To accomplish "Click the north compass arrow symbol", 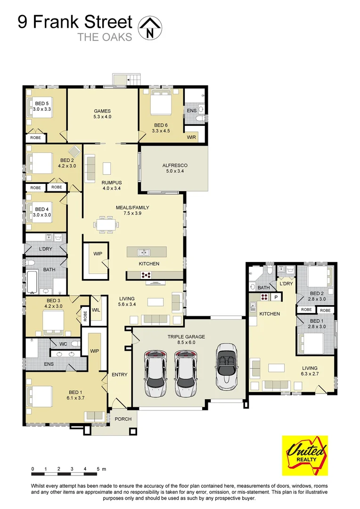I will [x=150, y=26].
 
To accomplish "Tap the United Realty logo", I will [x=304, y=455].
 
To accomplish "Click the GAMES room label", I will [x=103, y=114].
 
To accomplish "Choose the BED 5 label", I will [x=42, y=106].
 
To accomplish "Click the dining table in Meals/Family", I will [x=106, y=224].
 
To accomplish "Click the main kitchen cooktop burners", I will [x=146, y=275].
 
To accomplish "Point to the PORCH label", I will [x=123, y=419].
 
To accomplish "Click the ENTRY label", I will [x=120, y=375].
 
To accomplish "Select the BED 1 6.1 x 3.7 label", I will [x=75, y=395].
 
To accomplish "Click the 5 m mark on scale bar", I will [x=98, y=469].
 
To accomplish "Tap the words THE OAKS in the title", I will [x=105, y=37].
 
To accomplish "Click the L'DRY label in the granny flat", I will [x=286, y=284].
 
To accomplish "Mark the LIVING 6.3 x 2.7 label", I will [x=310, y=371].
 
